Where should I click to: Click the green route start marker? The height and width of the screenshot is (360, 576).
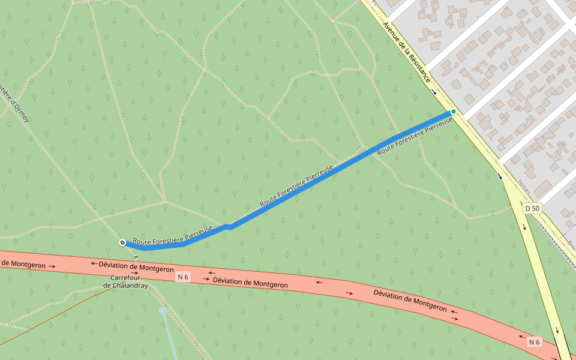454,112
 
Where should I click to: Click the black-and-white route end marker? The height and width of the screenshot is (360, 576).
122,242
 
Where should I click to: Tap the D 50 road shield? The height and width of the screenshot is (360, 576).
532,209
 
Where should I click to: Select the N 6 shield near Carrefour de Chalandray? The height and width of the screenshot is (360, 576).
183,277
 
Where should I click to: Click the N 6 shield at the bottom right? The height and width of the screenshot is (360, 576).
534,342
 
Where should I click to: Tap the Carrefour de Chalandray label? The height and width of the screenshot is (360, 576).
125,282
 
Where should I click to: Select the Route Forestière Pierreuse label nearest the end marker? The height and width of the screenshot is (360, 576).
173,236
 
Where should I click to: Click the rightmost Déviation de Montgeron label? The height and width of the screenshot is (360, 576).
410,300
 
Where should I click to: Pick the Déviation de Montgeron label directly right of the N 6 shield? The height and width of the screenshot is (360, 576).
250,282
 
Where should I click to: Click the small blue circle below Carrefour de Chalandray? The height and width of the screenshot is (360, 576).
163,311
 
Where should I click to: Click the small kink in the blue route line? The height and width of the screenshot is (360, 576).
229,227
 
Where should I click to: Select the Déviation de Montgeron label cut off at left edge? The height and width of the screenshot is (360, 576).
24,263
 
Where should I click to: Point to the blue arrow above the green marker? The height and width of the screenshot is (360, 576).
434,92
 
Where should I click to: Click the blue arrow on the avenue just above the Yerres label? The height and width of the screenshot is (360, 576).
500,176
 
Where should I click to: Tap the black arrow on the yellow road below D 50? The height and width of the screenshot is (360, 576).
524,227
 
